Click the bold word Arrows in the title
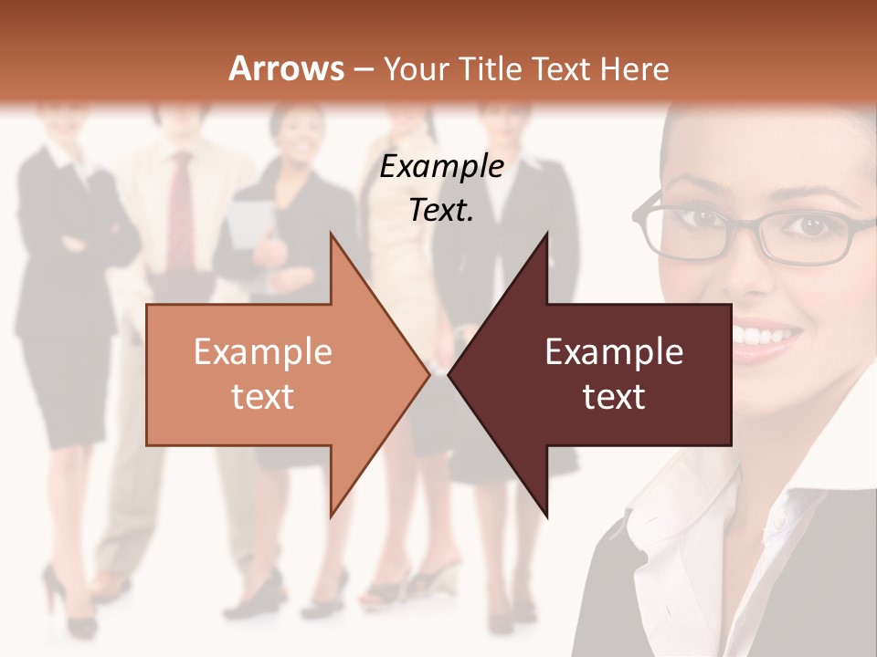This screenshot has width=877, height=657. tap(286, 68)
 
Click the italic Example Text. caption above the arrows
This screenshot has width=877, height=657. tap(442, 188)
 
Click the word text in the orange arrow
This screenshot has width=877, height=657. tap(262, 397)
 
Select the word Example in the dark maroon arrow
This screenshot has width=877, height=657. tap(614, 352)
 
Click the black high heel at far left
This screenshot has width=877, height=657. tap(73, 607)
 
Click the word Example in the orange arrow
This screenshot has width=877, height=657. tap(262, 352)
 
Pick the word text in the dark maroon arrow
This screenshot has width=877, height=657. tap(614, 397)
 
